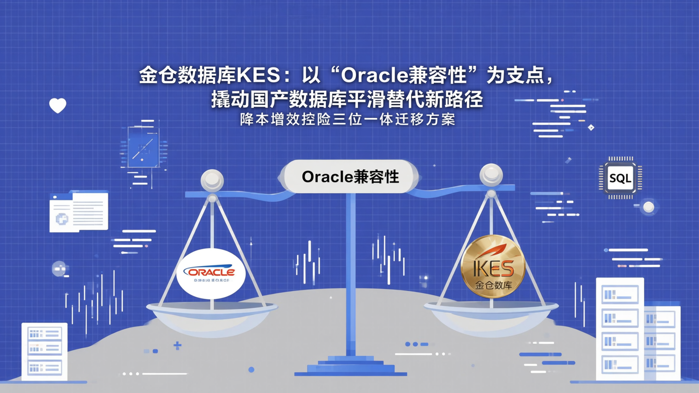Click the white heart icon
click(x=58, y=105)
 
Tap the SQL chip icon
click(x=620, y=178)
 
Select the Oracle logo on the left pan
click(x=211, y=273)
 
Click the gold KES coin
click(x=493, y=266)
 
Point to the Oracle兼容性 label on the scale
click(x=350, y=177)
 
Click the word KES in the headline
click(x=263, y=75)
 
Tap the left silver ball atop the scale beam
click(x=212, y=180)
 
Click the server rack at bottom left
click(x=45, y=351)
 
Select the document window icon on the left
click(x=79, y=212)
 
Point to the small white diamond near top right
click(x=591, y=128)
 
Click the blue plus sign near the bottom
click(x=178, y=345)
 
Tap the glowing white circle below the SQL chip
click(x=649, y=207)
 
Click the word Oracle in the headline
click(x=369, y=75)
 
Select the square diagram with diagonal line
click(x=143, y=147)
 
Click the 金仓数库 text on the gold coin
click(x=493, y=285)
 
